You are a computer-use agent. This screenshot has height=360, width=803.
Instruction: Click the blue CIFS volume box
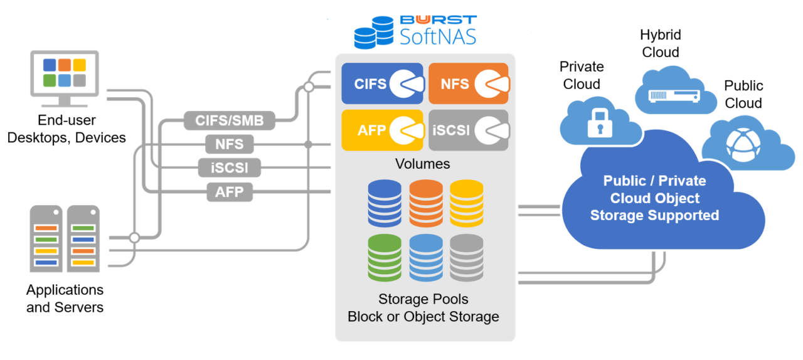pyautogui.click(x=383, y=83)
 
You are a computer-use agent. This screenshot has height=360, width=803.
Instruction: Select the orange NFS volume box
pyautogui.click(x=469, y=83)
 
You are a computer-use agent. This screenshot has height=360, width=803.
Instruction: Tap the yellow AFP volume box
pyautogui.click(x=383, y=130)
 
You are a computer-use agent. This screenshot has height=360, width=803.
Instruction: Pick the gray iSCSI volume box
pyautogui.click(x=469, y=130)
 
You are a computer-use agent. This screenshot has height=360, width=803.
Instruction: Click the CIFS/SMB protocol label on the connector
pyautogui.click(x=230, y=120)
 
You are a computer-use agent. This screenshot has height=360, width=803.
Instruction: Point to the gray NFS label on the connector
pyautogui.click(x=229, y=144)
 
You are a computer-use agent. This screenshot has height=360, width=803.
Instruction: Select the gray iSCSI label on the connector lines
pyautogui.click(x=229, y=168)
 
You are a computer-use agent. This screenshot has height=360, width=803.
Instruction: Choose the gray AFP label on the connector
pyautogui.click(x=229, y=192)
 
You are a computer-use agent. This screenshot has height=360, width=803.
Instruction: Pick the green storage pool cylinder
pyautogui.click(x=384, y=257)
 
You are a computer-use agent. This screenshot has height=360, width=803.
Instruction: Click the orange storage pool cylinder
pyautogui.click(x=426, y=203)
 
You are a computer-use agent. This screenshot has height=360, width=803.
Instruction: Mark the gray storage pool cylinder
pyautogui.click(x=467, y=257)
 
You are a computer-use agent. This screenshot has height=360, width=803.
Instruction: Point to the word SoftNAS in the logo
pyautogui.click(x=438, y=37)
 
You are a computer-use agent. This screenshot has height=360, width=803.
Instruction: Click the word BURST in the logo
pyautogui.click(x=438, y=19)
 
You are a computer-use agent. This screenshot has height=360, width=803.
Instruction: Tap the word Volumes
pyautogui.click(x=422, y=164)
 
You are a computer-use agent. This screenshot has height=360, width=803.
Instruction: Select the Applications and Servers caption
pyautogui.click(x=65, y=299)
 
